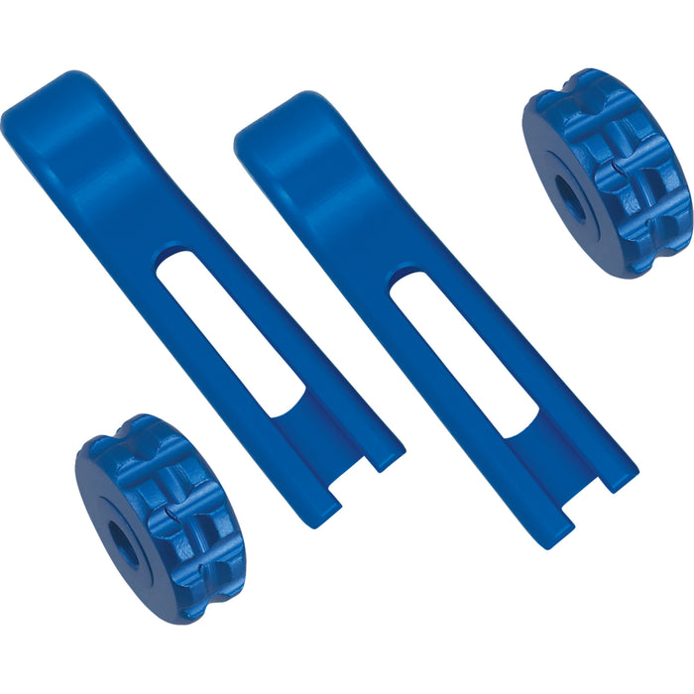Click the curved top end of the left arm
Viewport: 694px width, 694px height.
[55, 109]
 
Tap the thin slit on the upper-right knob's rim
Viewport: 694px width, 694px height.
[620, 169]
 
